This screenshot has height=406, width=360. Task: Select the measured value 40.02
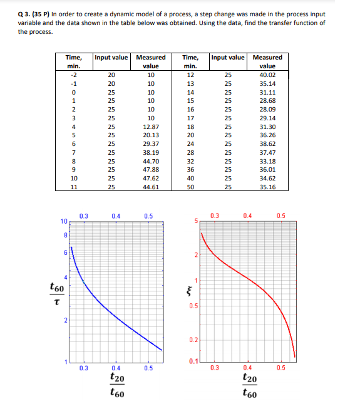(267, 74)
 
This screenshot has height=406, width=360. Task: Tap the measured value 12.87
(150, 127)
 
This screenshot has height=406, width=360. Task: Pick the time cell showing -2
(74, 74)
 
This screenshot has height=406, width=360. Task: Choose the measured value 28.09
(267, 108)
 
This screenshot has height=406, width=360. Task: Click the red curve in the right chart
(250, 278)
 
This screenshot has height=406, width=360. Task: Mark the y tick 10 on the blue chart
(64, 221)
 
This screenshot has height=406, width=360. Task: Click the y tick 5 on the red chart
(195, 221)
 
